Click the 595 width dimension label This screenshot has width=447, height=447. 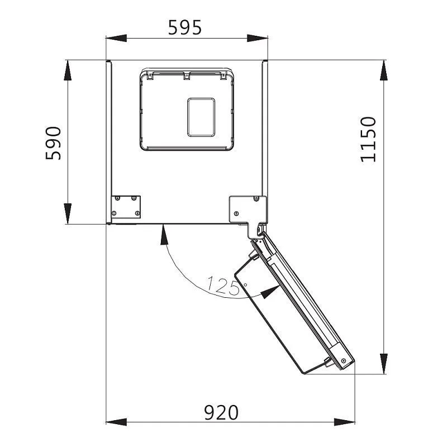[x=185, y=27]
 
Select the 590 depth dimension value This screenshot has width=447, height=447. [x=53, y=143]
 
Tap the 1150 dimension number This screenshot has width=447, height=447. [x=368, y=139]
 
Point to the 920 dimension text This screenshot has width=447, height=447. [x=221, y=412]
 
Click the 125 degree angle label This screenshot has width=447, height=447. [x=222, y=286]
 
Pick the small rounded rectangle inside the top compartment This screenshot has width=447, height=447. [x=201, y=117]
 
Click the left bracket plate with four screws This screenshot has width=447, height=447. [x=126, y=207]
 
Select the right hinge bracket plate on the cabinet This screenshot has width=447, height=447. [x=248, y=211]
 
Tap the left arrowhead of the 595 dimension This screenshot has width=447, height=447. [x=116, y=38]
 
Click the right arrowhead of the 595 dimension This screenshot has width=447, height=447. [x=258, y=38]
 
